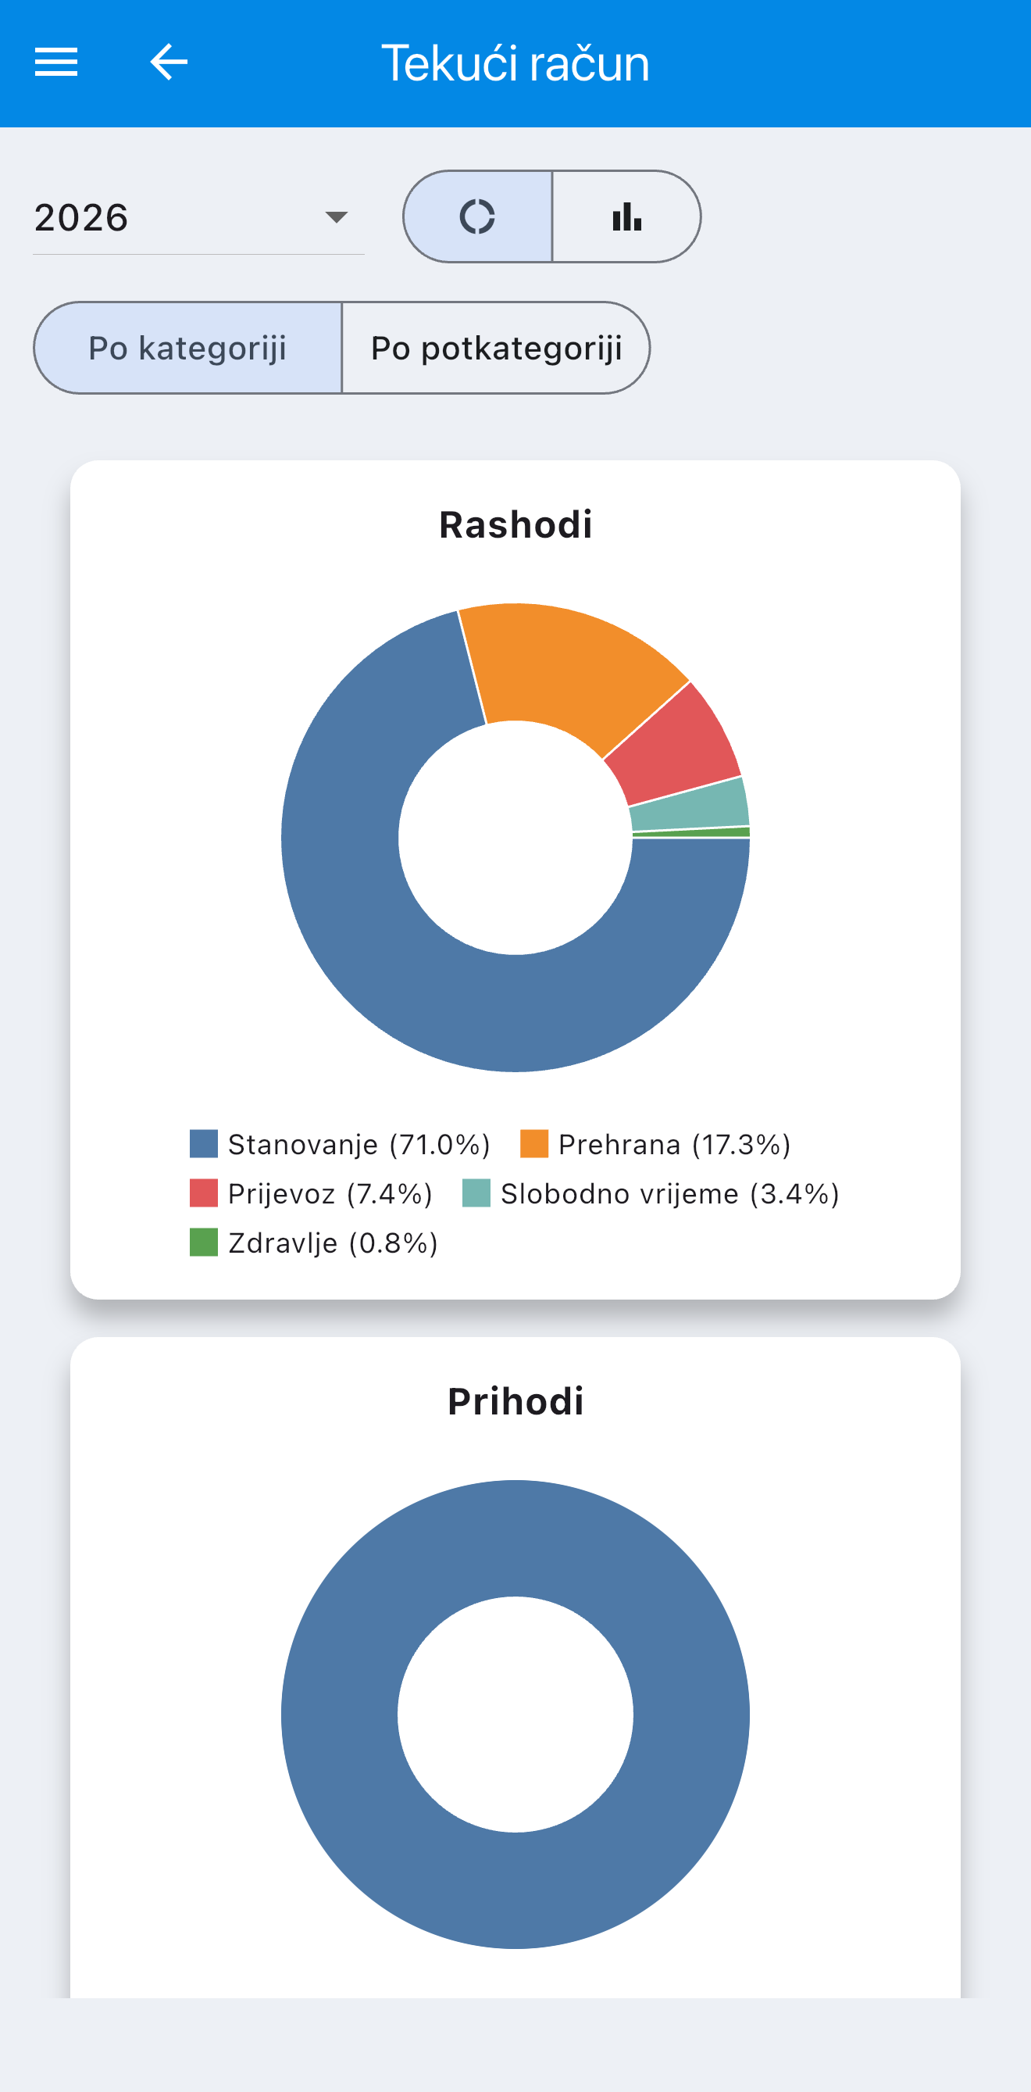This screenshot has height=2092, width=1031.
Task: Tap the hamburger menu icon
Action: point(56,62)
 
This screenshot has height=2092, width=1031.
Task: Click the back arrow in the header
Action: point(169,62)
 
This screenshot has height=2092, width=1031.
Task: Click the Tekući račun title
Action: point(515,63)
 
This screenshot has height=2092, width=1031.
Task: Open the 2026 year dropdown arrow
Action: point(336,216)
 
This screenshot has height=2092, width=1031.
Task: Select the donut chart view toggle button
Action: point(478,216)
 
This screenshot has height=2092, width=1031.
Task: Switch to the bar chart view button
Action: point(626,216)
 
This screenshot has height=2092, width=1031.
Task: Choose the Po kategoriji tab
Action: point(187,348)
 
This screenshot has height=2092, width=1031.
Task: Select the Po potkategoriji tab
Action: point(496,348)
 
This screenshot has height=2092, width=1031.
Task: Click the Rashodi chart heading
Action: point(515,524)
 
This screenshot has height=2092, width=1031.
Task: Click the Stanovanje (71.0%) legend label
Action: point(359,1144)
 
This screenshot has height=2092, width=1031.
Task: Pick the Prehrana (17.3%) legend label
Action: point(675,1144)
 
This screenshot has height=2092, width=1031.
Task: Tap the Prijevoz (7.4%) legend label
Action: point(330,1194)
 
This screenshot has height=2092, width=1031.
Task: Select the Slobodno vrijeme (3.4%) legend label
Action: point(669,1194)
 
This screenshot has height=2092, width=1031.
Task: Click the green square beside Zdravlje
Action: point(204,1243)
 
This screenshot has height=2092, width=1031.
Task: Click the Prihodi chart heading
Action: point(515,1402)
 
